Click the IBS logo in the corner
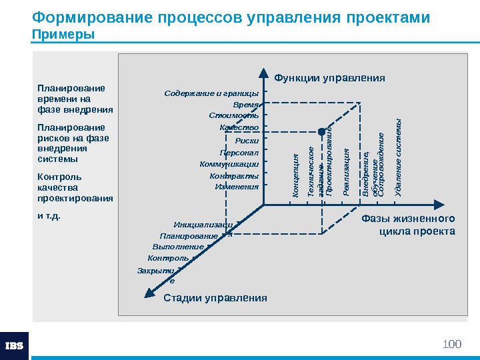[x=14, y=345]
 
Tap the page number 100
[x=452, y=344]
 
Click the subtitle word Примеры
[x=63, y=34]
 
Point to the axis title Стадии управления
[x=215, y=298]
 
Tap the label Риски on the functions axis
[x=247, y=140]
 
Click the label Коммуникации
[x=229, y=163]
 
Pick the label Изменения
[x=236, y=187]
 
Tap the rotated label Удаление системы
[x=398, y=157]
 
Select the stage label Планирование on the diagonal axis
[x=189, y=236]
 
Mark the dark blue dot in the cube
[x=321, y=131]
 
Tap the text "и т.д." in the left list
[x=49, y=216]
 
